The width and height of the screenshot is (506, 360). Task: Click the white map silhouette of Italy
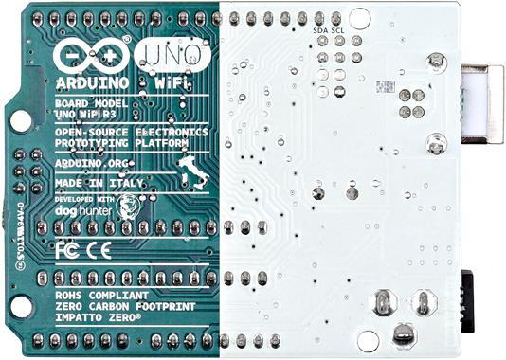(x=192, y=170)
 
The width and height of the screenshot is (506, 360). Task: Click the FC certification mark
(x=67, y=251)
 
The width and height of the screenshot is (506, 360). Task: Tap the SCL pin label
(x=339, y=29)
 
